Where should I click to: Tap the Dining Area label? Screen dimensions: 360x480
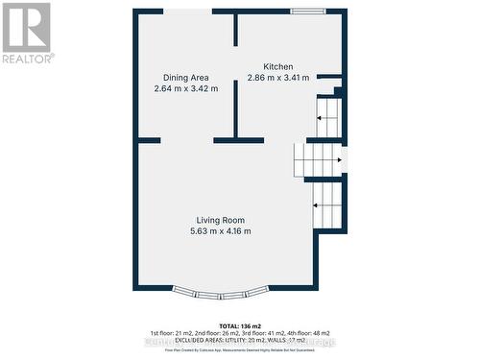[x=186, y=78]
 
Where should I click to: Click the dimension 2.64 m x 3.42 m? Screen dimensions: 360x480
[x=186, y=88]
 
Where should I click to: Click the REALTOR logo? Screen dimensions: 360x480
[x=27, y=32]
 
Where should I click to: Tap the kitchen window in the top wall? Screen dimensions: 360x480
[x=308, y=12]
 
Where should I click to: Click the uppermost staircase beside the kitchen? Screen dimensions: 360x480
[x=327, y=122]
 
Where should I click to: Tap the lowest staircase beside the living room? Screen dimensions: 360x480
[x=327, y=203]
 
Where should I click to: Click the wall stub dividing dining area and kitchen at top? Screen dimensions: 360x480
[x=235, y=30]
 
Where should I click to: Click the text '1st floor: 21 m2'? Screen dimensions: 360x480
[x=169, y=331]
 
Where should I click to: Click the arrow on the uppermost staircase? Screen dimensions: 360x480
[x=327, y=114]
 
